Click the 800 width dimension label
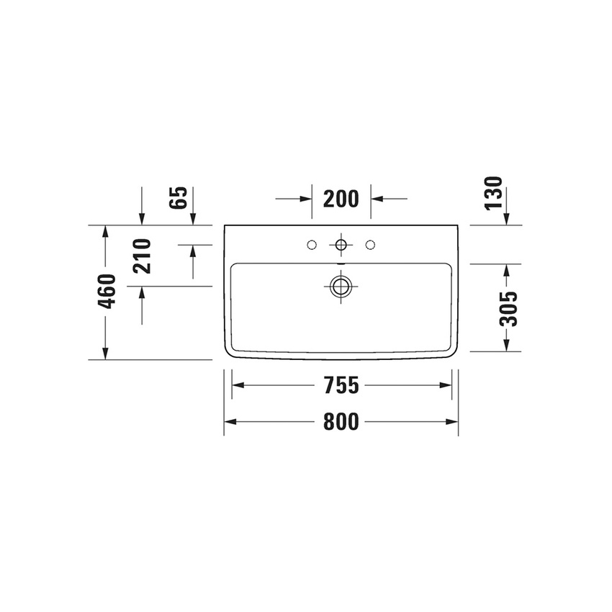click(341, 422)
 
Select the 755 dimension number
click(341, 385)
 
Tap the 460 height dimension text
click(107, 292)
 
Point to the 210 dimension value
click(143, 256)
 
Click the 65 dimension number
click(180, 197)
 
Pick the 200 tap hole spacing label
click(341, 198)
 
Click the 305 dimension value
click(508, 308)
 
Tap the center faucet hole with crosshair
click(341, 246)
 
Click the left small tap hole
click(311, 246)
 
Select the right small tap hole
click(371, 246)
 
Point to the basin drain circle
click(341, 287)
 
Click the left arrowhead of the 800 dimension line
click(229, 422)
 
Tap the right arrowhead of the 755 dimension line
click(446, 385)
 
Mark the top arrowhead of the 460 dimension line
click(106, 231)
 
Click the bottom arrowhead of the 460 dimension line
click(106, 354)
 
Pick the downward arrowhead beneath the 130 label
click(508, 220)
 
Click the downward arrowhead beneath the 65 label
click(142, 220)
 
